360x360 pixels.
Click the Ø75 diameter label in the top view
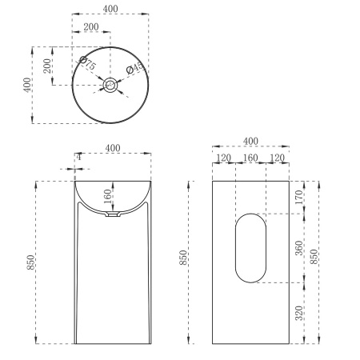(87, 63)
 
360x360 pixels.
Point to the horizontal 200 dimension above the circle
(91, 26)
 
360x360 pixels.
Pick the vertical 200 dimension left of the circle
(47, 66)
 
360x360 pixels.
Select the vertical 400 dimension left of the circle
(27, 84)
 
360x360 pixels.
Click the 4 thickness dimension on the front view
(78, 158)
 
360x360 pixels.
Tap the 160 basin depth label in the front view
(106, 197)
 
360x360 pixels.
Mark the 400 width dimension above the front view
(112, 149)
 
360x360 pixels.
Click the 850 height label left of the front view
(30, 262)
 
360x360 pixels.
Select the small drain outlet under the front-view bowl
(112, 215)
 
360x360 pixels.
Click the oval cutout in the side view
(250, 248)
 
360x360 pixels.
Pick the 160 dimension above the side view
(250, 158)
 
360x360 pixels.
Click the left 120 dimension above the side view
(224, 158)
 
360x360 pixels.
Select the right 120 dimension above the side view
(277, 158)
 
